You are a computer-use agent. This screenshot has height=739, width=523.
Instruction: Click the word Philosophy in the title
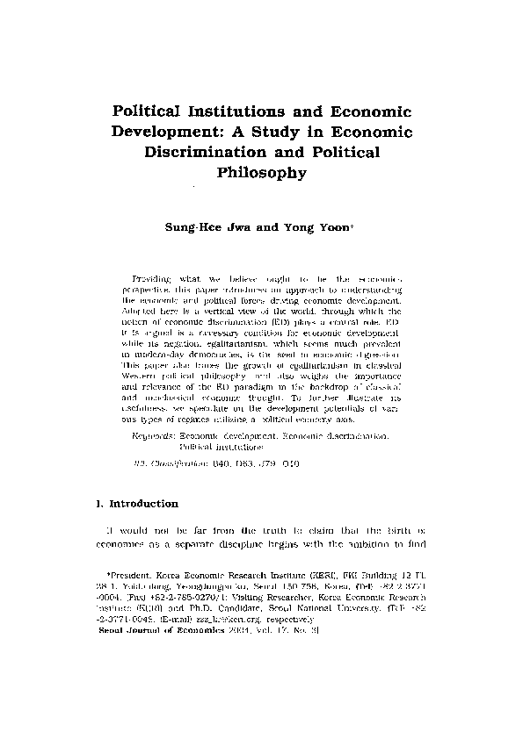(261, 173)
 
